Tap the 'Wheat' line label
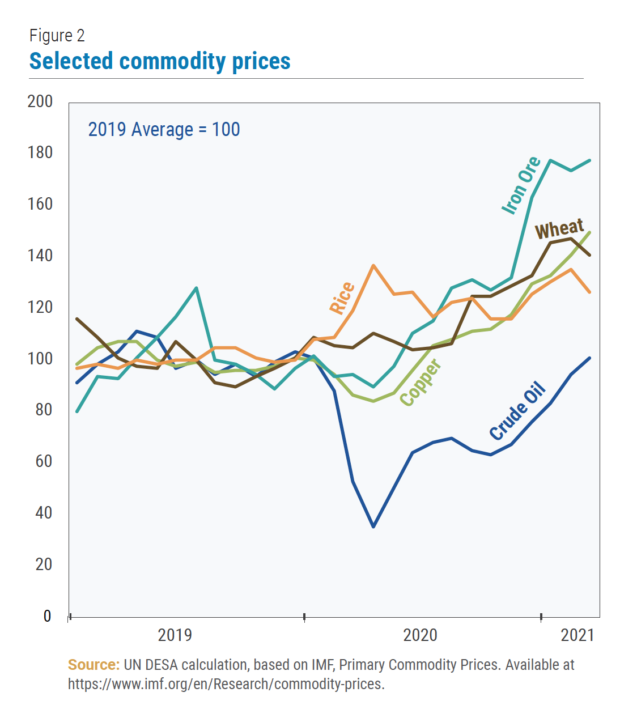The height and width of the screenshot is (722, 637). point(559,229)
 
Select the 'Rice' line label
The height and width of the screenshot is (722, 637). point(342,298)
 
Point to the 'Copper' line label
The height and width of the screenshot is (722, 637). point(421,383)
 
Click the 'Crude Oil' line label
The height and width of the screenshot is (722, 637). point(517,411)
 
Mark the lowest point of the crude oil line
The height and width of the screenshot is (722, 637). point(373,526)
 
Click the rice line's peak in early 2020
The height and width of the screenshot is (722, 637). point(373,265)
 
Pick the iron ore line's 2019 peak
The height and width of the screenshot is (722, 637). point(196,288)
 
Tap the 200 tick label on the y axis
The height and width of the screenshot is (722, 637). point(40,101)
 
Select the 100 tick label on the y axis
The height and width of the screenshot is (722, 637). point(40,359)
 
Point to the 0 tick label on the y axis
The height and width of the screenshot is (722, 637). point(47,616)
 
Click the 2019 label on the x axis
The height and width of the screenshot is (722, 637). point(175,635)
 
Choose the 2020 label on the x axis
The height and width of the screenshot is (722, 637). point(420,635)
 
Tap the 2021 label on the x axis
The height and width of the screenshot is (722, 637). point(577,635)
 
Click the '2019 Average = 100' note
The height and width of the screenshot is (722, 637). point(164,130)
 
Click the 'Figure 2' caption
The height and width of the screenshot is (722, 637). point(57,36)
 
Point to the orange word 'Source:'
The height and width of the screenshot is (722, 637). point(94,665)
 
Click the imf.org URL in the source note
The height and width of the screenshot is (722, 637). point(226,684)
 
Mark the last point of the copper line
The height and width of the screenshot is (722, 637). point(590,232)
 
